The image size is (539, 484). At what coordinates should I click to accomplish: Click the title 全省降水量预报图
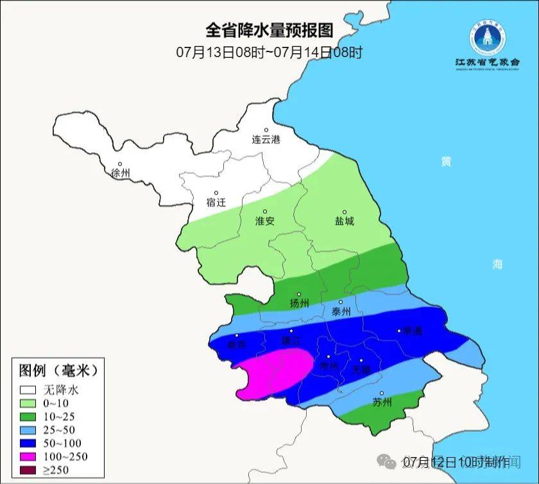point(269,30)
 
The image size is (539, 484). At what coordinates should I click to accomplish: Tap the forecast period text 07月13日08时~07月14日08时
point(269,52)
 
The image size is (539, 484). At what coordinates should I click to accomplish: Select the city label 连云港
point(266,139)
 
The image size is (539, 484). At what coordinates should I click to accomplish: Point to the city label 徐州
point(120,173)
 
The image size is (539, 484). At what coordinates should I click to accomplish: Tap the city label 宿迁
point(216,202)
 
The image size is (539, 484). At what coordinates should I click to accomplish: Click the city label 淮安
point(265,221)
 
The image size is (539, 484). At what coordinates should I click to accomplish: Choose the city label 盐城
point(344,221)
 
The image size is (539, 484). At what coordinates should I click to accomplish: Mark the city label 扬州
point(299,303)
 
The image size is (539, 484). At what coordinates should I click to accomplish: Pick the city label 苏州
point(382,402)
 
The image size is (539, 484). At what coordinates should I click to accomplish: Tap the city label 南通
point(411,331)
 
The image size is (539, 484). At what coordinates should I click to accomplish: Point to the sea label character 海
point(497,264)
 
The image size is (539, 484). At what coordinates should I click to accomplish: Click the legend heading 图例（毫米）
point(58,370)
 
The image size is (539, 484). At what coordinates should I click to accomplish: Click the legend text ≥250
point(56,470)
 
